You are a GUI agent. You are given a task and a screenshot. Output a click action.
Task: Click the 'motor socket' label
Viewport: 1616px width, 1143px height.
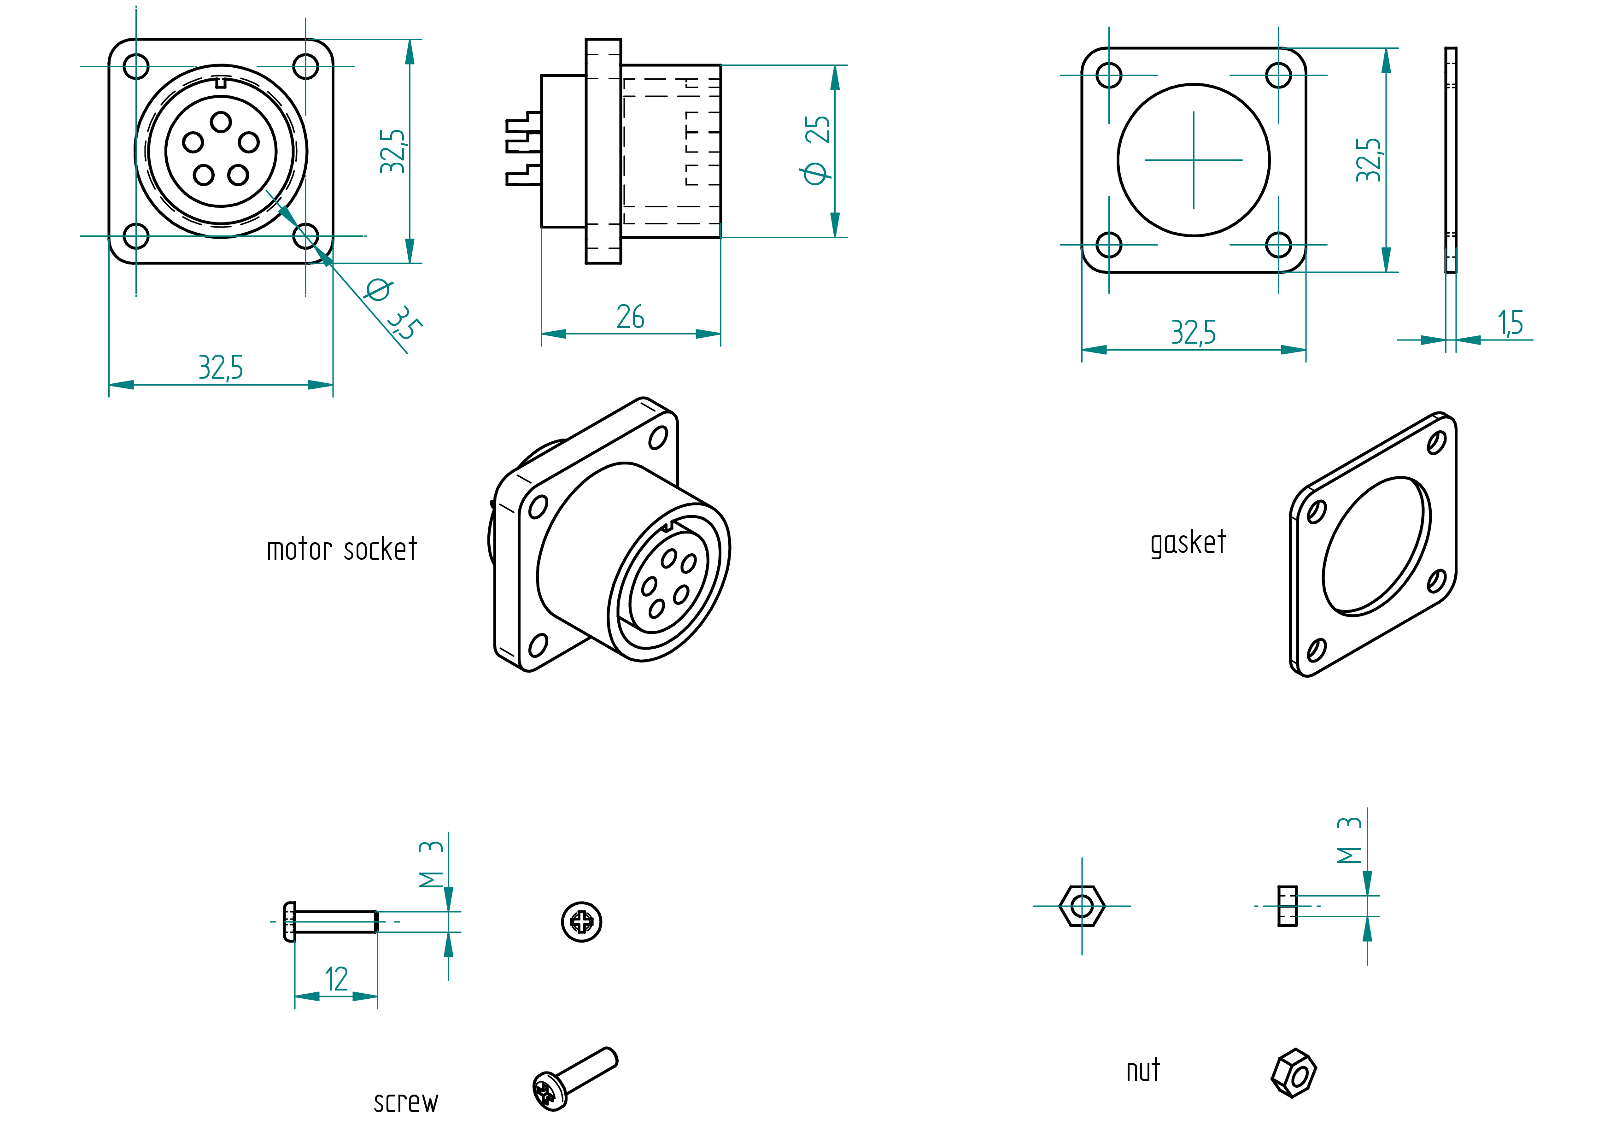pyautogui.click(x=342, y=549)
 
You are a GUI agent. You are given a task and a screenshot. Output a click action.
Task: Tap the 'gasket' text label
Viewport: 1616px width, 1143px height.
pyautogui.click(x=1188, y=543)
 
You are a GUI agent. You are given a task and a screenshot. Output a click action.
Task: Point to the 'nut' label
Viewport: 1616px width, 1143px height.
pyautogui.click(x=1143, y=1071)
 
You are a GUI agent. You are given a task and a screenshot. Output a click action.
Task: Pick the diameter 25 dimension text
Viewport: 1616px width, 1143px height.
pyautogui.click(x=816, y=150)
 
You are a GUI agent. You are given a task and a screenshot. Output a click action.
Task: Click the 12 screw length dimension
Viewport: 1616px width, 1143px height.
pyautogui.click(x=336, y=979)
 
